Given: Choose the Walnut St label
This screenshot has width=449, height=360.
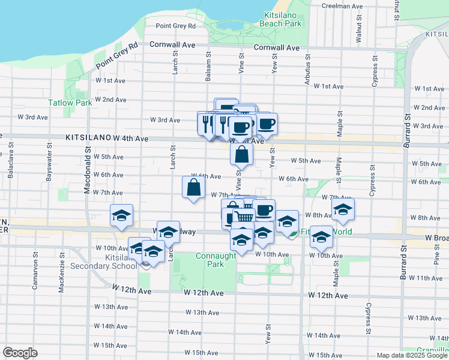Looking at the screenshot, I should coord(359,30).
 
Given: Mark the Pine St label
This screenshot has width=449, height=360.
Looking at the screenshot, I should coord(436,255).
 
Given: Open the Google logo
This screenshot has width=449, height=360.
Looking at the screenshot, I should coord(20,353).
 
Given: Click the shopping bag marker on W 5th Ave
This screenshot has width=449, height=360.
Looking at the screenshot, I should coord(241,155).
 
